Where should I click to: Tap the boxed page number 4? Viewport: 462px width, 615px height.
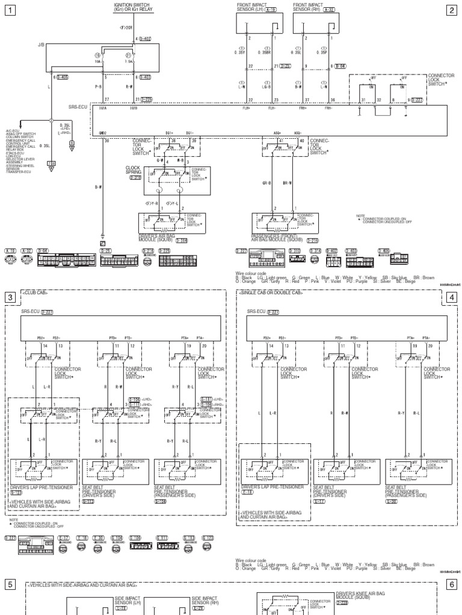click(x=452, y=297)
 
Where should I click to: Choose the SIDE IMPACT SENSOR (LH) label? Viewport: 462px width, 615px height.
click(x=128, y=601)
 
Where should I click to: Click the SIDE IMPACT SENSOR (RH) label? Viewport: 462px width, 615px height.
click(x=205, y=601)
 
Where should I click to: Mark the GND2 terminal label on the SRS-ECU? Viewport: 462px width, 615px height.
click(x=103, y=133)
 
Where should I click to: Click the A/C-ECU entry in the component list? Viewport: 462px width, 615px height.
click(x=13, y=129)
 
